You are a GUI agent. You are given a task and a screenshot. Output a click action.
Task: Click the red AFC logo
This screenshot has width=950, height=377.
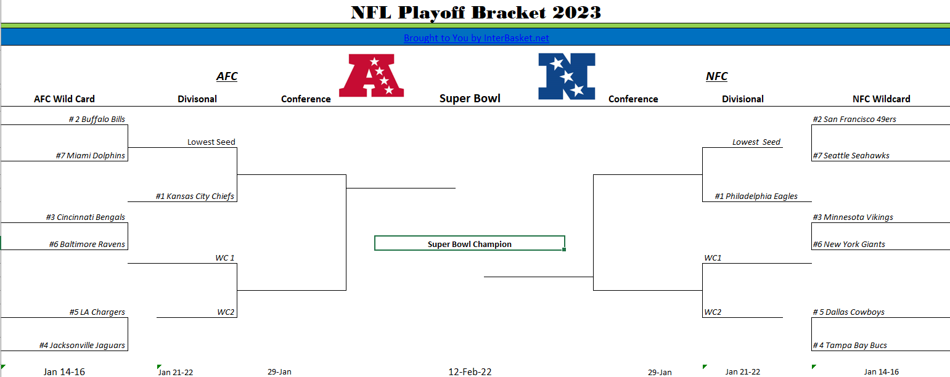pyautogui.click(x=372, y=75)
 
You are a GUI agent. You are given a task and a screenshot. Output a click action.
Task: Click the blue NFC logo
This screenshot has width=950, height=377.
pyautogui.click(x=567, y=76)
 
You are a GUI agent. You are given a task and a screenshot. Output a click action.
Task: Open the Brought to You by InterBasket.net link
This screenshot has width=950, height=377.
pyautogui.click(x=476, y=38)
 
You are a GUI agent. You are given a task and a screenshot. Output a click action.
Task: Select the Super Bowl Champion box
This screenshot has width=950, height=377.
pyautogui.click(x=469, y=244)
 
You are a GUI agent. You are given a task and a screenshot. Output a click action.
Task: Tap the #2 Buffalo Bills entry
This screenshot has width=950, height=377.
pyautogui.click(x=97, y=120)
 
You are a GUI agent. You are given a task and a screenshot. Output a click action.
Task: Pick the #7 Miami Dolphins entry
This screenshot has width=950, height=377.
pyautogui.click(x=91, y=156)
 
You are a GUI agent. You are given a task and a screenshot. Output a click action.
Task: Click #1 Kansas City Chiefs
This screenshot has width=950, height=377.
pyautogui.click(x=195, y=197)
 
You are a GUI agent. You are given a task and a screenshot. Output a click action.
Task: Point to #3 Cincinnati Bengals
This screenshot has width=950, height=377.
pyautogui.click(x=85, y=217)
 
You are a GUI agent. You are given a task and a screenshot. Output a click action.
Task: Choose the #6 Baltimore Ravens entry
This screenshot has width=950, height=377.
pyautogui.click(x=87, y=245)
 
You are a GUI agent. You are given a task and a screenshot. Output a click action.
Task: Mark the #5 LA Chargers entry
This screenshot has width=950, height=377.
pyautogui.click(x=97, y=312)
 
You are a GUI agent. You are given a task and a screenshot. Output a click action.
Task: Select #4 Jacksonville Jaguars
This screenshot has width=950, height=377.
pyautogui.click(x=82, y=346)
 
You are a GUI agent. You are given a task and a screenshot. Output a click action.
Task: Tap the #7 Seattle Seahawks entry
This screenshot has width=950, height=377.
pyautogui.click(x=851, y=156)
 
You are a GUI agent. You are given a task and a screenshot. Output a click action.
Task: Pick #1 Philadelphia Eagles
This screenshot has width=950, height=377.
pyautogui.click(x=756, y=197)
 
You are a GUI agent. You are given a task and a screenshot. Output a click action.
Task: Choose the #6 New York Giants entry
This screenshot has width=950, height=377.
pyautogui.click(x=848, y=245)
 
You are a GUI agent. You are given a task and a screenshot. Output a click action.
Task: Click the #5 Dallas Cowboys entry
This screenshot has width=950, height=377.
pyautogui.click(x=848, y=312)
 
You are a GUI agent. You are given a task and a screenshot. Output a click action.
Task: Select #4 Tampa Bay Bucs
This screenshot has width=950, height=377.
pyautogui.click(x=850, y=346)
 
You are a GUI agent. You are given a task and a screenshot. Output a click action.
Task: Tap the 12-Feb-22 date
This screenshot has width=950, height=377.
pyautogui.click(x=470, y=371)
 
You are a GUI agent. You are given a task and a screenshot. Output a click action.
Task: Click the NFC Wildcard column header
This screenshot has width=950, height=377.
pyautogui.click(x=881, y=99)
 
